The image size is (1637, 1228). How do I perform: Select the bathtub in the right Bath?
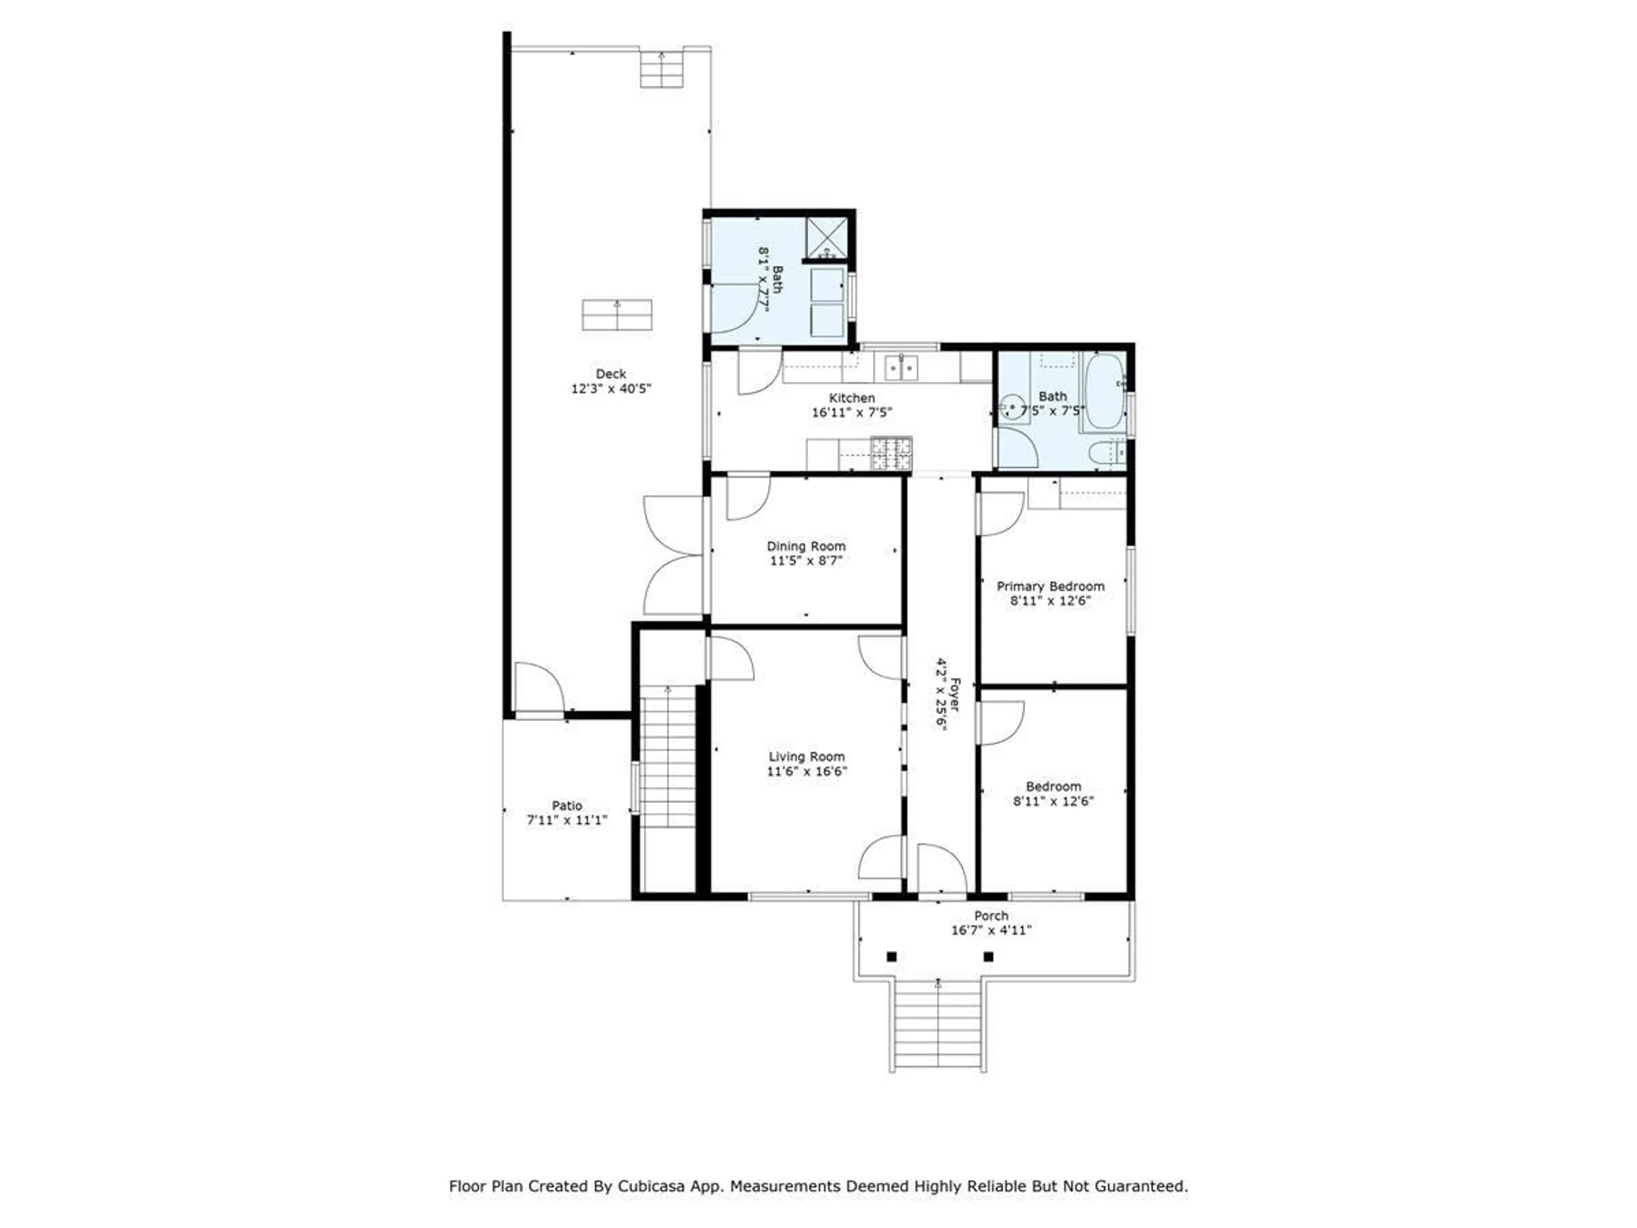tap(1103, 391)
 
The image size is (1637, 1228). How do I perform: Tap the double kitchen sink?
tap(901, 367)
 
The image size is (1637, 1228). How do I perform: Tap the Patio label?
tap(567, 805)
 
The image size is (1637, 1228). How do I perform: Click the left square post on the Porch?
tap(892, 956)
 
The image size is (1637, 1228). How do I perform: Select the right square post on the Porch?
tap(988, 956)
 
